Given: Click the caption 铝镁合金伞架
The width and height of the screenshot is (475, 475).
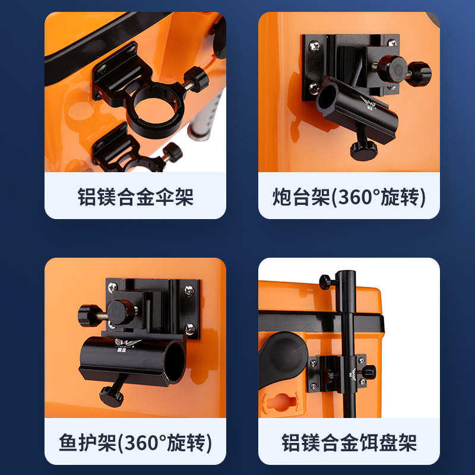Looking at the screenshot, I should tap(135, 197).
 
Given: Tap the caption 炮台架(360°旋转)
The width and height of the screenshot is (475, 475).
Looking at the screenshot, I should tap(349, 197).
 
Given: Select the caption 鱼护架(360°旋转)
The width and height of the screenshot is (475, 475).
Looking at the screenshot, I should tap(135, 442).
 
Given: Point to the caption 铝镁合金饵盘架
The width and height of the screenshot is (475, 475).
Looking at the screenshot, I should tap(349, 442).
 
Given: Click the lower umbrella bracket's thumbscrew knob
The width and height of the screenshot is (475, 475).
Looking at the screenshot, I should tap(172, 153).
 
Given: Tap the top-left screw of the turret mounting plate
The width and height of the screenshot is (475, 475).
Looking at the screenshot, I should tap(313, 44).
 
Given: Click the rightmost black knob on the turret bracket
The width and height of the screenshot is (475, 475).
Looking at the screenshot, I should tap(419, 74).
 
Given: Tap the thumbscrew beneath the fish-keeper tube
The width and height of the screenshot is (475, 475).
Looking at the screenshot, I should tap(112, 395).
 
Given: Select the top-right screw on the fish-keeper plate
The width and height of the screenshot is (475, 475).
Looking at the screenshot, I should tap(189, 290).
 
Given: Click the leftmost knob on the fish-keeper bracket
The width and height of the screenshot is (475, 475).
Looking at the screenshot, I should tap(90, 315).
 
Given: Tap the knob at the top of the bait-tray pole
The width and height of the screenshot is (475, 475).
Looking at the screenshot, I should tap(325, 281).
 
